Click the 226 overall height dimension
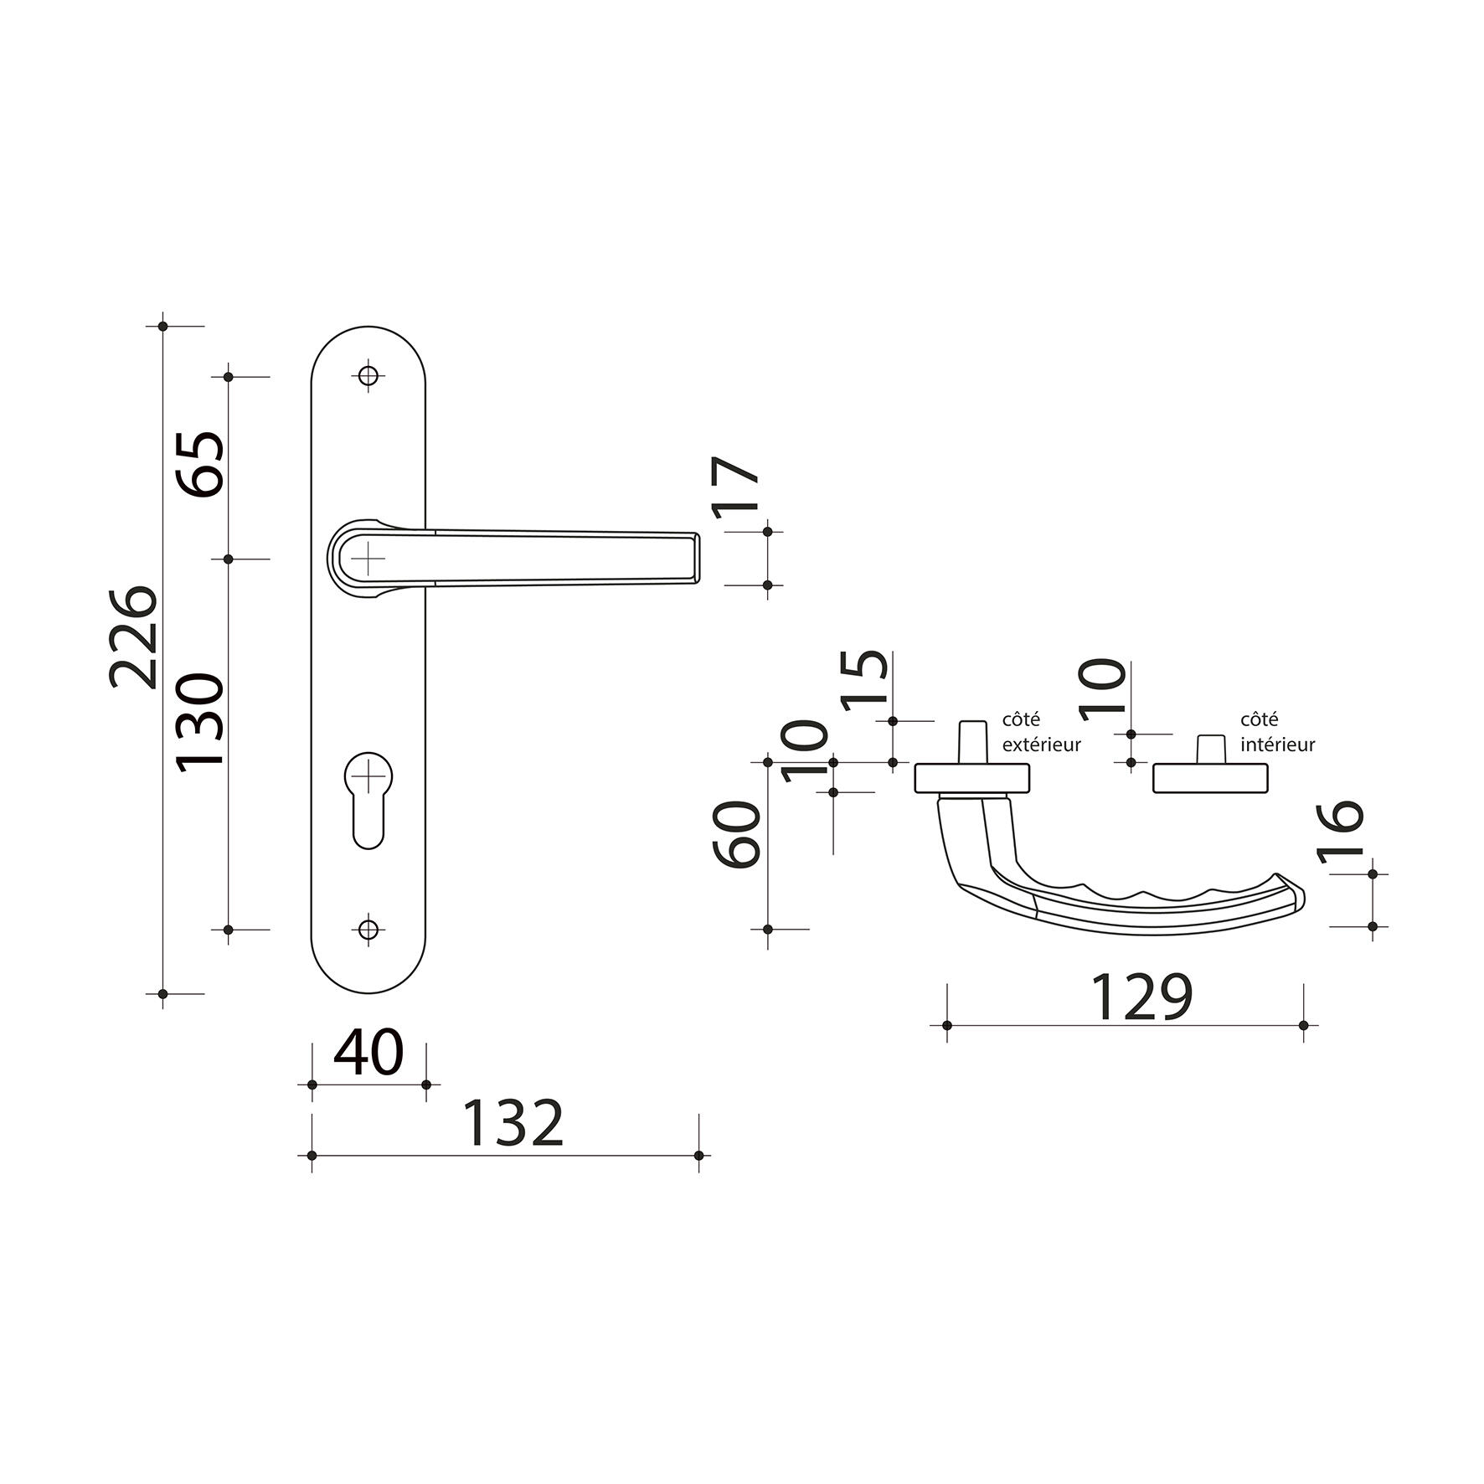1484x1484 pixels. tap(133, 636)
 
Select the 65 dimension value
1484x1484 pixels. tap(200, 465)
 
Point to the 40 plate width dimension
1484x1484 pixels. tap(368, 1053)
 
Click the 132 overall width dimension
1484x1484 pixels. tap(514, 1124)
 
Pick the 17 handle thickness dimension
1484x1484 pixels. tap(736, 485)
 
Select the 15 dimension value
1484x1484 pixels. tap(865, 680)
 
